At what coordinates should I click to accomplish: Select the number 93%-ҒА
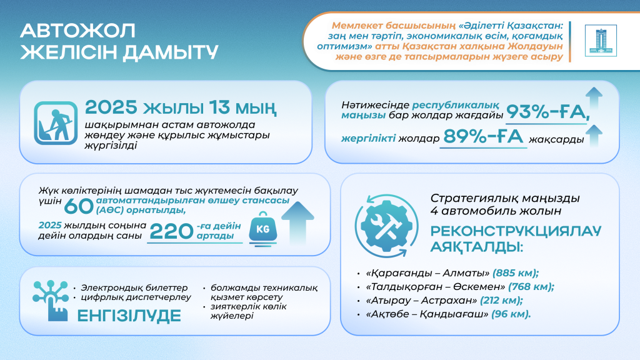pyautogui.click(x=549, y=112)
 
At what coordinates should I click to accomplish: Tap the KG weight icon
pyautogui.click(x=262, y=229)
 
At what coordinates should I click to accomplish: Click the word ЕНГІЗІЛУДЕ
pyautogui.click(x=129, y=316)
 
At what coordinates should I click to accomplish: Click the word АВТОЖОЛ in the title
pyautogui.click(x=77, y=31)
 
